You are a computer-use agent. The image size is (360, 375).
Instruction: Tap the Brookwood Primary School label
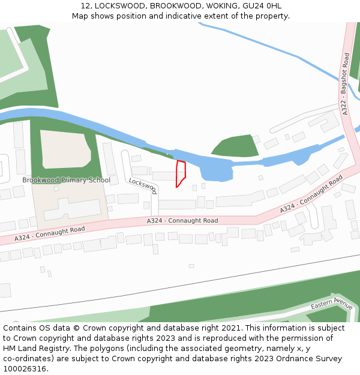(x=67, y=180)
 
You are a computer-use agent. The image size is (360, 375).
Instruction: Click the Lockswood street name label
(x=143, y=185)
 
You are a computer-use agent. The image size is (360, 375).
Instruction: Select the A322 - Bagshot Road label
(x=345, y=83)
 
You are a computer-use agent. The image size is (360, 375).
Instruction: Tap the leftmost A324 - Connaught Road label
(x=50, y=233)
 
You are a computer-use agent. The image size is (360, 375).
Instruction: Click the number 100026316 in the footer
(x=25, y=369)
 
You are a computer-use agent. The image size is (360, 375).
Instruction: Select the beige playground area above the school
(x=65, y=149)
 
